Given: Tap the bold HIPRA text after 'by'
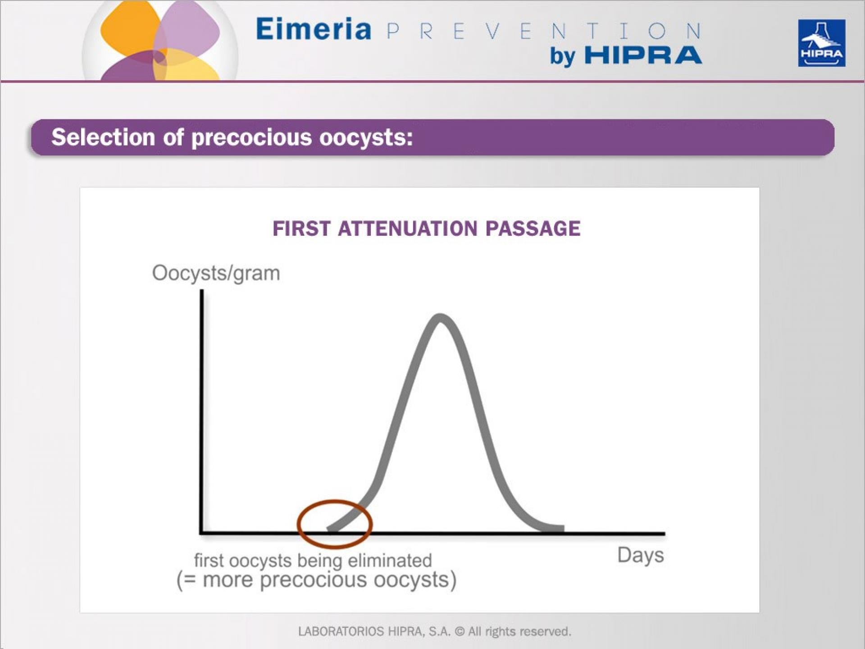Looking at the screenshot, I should point(643,56).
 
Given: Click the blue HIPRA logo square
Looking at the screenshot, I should point(821,43).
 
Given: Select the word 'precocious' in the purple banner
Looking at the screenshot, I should point(251,137).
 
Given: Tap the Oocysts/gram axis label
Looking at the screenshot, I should point(216,273).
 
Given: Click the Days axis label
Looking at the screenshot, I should point(640,555).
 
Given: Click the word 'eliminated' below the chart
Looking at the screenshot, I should point(390,561).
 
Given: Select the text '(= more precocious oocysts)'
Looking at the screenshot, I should point(316,580).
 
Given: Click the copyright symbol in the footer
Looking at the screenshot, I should point(460,631).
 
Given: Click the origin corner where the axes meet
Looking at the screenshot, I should point(201,533).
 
